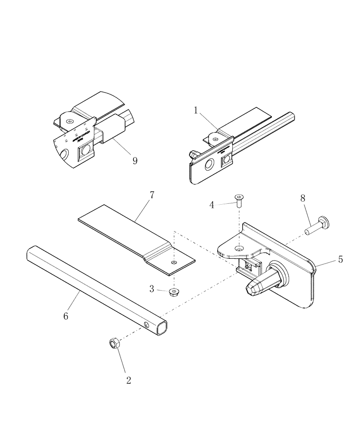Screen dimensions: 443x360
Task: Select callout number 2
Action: [x=129, y=380]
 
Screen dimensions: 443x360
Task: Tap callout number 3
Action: [x=152, y=289]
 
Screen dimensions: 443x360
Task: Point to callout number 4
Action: [x=212, y=205]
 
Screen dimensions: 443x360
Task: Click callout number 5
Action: [x=340, y=260]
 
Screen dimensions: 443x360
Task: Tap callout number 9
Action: [x=135, y=160]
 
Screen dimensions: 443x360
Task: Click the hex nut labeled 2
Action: [x=113, y=343]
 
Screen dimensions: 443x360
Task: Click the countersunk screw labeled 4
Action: [x=239, y=200]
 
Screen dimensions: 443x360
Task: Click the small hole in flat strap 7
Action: [x=174, y=263]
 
